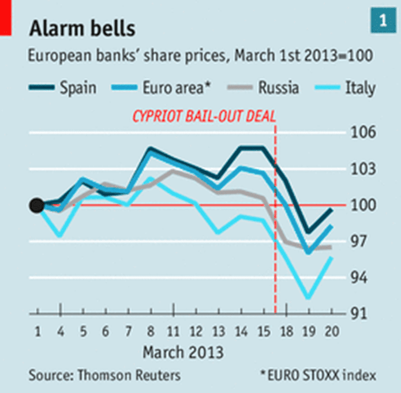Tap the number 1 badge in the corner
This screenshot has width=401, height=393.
(382, 21)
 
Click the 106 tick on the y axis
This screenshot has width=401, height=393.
(365, 133)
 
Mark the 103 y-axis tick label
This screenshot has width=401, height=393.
(365, 169)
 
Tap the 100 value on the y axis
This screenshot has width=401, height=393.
(365, 205)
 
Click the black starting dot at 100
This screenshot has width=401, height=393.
(36, 205)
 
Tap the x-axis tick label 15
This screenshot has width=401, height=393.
(263, 332)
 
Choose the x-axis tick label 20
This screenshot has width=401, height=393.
(332, 332)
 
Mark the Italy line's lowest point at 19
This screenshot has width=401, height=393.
(309, 298)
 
